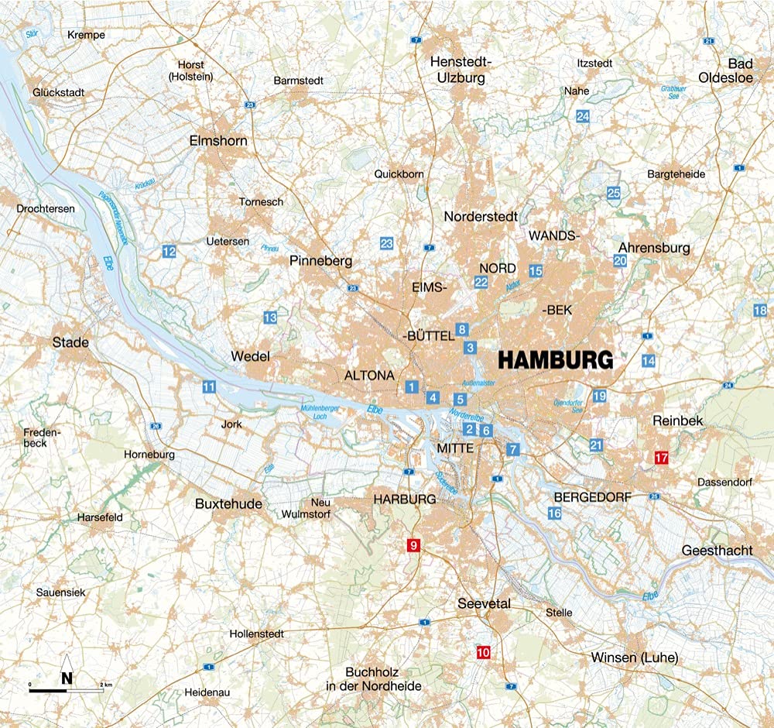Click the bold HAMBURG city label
click(555, 360)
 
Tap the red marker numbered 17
click(661, 457)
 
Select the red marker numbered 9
click(413, 546)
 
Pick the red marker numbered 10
click(484, 652)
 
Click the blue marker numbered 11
click(208, 387)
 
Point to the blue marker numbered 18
click(759, 311)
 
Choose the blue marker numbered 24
click(583, 116)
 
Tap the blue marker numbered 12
click(169, 251)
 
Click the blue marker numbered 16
click(554, 513)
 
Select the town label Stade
click(70, 342)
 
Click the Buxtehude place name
click(228, 503)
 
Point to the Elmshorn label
click(218, 141)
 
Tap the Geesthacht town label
click(717, 550)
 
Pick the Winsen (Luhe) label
click(634, 658)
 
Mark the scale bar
click(67, 689)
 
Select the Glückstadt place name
click(58, 92)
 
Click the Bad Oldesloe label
click(735, 70)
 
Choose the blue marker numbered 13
click(270, 318)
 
